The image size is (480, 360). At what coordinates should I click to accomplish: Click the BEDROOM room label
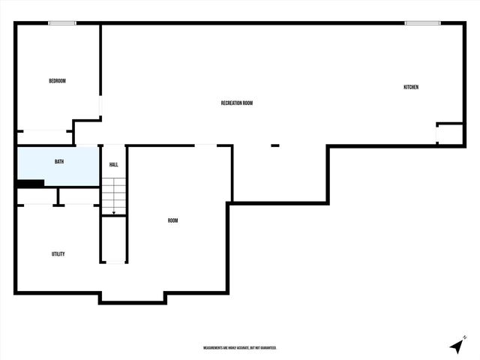(x=57, y=81)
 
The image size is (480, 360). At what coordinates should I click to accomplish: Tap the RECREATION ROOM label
(x=236, y=103)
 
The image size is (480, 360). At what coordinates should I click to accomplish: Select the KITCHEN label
(x=411, y=88)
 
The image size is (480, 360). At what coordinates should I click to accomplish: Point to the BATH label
(x=58, y=162)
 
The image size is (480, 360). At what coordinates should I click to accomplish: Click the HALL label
(x=114, y=164)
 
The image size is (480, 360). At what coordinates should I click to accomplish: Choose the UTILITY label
(x=58, y=254)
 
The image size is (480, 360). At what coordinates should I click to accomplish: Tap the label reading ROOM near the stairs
(x=172, y=220)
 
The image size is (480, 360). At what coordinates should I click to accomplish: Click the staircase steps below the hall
(x=114, y=195)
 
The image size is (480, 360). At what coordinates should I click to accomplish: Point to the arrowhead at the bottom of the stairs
(x=114, y=214)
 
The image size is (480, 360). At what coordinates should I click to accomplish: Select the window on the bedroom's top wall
(x=62, y=23)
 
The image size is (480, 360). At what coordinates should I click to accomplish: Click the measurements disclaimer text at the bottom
(x=240, y=348)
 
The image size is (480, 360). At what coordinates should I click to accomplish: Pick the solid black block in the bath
(x=30, y=183)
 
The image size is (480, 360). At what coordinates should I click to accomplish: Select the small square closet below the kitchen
(x=450, y=134)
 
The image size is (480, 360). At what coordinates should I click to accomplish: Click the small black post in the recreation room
(x=274, y=145)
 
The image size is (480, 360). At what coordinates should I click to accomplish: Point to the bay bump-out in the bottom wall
(x=132, y=298)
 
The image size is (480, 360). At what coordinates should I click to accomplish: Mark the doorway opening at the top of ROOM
(x=205, y=145)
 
